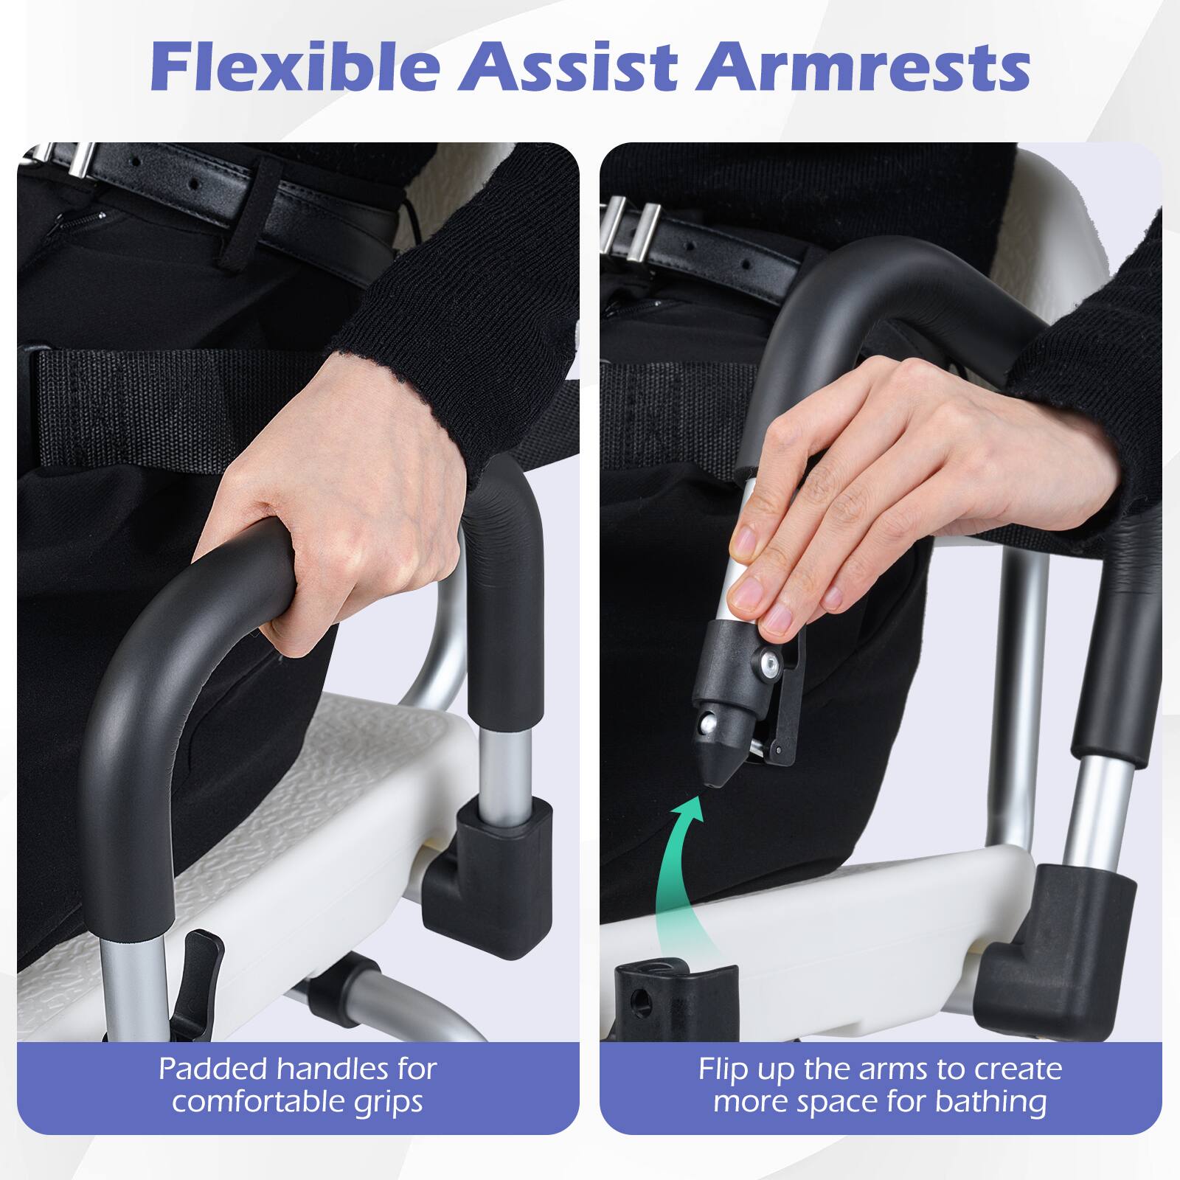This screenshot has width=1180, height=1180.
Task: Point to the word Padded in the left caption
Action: pyautogui.click(x=213, y=1069)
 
